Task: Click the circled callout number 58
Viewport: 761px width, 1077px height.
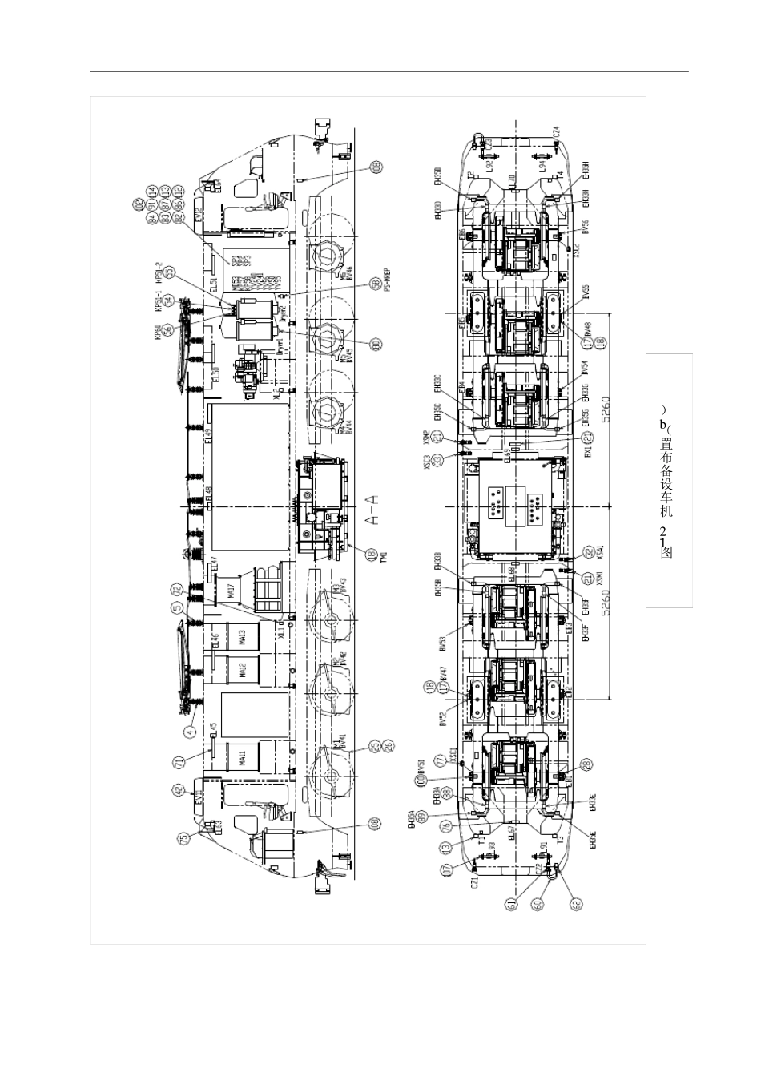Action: click(375, 283)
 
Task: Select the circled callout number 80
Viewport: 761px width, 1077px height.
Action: click(375, 344)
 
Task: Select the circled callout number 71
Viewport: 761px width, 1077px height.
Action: click(179, 761)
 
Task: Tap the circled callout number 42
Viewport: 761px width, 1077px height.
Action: click(178, 791)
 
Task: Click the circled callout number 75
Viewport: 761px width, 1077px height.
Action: click(184, 838)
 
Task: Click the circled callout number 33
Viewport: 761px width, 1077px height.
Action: click(437, 460)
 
